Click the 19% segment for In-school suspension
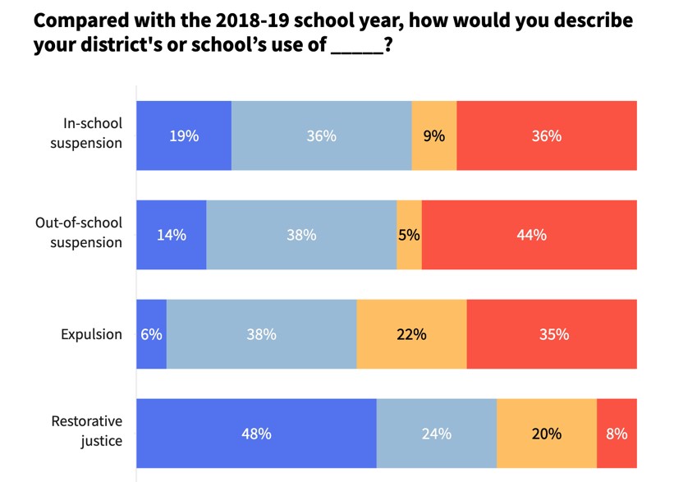click(x=184, y=135)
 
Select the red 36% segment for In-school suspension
click(x=546, y=135)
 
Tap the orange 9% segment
click(x=433, y=135)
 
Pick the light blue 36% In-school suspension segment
click(x=321, y=135)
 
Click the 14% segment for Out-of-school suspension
click(x=172, y=235)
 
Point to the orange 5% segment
click(x=409, y=235)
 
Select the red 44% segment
click(x=530, y=235)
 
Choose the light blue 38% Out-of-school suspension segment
click(x=301, y=235)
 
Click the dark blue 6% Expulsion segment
click(x=152, y=334)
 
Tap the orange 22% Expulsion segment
click(x=411, y=334)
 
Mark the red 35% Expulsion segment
click(x=552, y=334)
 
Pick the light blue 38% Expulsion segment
click(x=261, y=334)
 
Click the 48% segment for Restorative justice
click(x=256, y=434)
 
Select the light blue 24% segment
click(x=436, y=434)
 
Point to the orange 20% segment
click(x=546, y=434)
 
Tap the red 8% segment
click(x=617, y=434)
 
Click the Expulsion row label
click(x=91, y=334)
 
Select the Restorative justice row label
click(x=87, y=431)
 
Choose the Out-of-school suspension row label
click(x=79, y=232)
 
